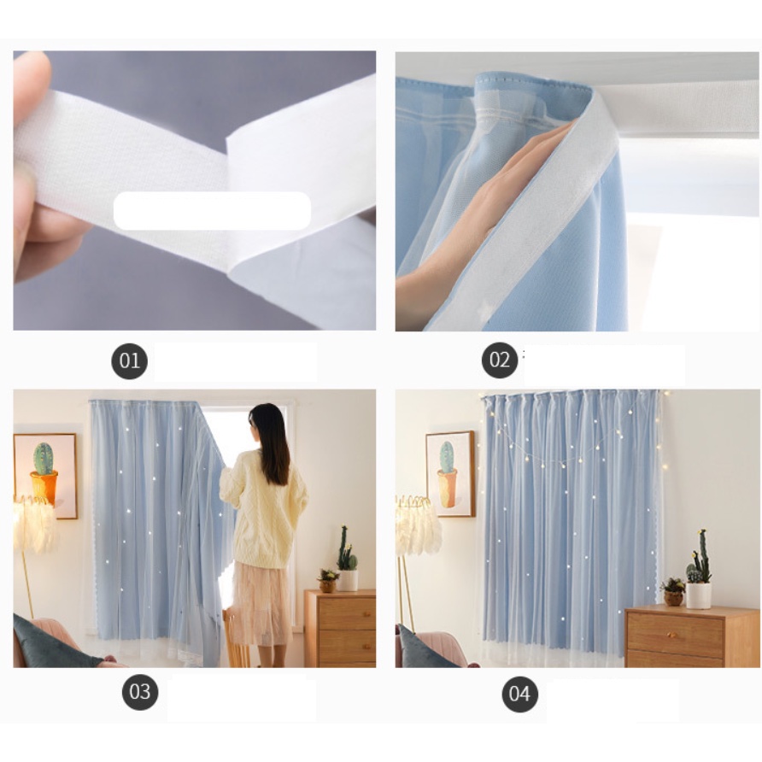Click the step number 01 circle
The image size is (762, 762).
point(129,361)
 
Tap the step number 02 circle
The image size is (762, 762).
point(500,360)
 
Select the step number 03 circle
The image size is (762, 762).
point(140,692)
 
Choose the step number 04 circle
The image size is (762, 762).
point(519,694)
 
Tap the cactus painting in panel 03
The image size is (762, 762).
point(45,476)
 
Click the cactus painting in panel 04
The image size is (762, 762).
point(450,474)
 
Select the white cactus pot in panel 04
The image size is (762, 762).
point(698,595)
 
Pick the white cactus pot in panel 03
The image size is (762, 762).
point(348,580)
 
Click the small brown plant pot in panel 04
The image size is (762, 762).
point(673,597)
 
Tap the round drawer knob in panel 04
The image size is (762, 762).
point(671,636)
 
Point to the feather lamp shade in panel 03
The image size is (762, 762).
point(34,524)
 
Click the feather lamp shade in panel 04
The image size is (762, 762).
point(417,524)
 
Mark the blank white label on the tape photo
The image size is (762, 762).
point(212,210)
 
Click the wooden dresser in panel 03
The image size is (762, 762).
point(340,628)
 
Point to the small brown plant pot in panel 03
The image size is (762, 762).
point(327,585)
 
